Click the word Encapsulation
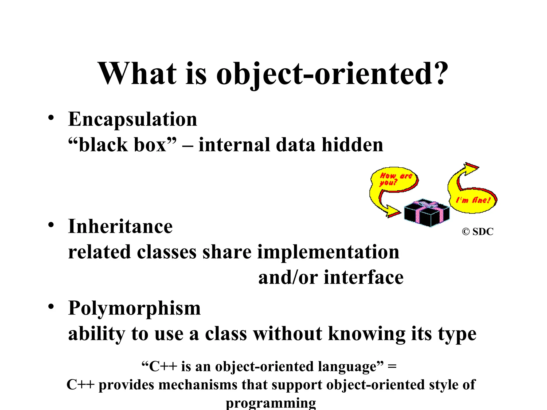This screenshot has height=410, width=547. click(132, 119)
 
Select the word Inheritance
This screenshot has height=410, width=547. click(120, 227)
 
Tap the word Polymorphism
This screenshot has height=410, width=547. click(134, 308)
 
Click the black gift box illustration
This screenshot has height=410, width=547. click(427, 214)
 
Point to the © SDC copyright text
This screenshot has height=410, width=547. click(478, 232)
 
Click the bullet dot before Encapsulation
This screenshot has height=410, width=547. click(51, 118)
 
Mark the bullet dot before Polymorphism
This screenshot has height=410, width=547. click(51, 307)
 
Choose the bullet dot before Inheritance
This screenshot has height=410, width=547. click(51, 225)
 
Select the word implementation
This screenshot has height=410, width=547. click(328, 252)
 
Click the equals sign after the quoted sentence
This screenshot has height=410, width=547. click(392, 366)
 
